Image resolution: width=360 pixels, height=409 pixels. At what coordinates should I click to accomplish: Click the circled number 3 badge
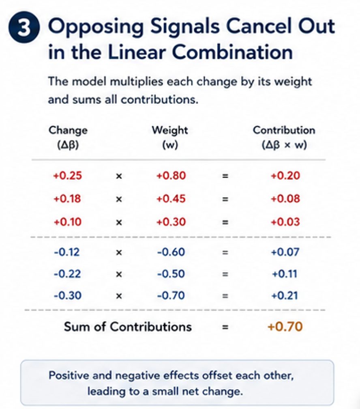click(24, 27)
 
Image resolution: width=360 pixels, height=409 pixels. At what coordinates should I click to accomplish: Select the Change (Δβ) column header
click(68, 137)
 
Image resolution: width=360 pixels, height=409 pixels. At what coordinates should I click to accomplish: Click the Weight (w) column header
click(170, 137)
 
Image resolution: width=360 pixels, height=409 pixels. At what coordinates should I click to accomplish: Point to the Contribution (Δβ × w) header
click(284, 137)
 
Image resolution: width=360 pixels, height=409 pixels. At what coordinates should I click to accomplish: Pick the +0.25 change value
click(68, 176)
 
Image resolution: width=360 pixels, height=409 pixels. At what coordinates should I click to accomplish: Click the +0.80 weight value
click(171, 176)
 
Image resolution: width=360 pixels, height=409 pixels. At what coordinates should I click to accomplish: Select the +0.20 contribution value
click(285, 176)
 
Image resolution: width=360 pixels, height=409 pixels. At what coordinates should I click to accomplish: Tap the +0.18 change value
click(67, 199)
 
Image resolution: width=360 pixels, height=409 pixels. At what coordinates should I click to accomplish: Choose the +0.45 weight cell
click(171, 199)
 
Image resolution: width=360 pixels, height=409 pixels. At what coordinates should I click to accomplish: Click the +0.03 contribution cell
click(285, 222)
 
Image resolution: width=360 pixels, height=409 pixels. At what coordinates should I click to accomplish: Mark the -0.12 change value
click(67, 252)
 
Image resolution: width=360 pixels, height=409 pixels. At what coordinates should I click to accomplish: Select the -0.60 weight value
click(171, 252)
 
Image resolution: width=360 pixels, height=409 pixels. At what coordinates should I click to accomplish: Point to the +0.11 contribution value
click(285, 274)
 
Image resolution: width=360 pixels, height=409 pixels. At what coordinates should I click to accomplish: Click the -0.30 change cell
click(68, 296)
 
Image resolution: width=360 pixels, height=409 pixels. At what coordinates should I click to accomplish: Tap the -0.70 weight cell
click(171, 296)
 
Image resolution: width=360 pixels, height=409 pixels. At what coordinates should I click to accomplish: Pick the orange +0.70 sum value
click(285, 327)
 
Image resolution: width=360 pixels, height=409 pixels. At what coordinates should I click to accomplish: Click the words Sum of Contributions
click(128, 327)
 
